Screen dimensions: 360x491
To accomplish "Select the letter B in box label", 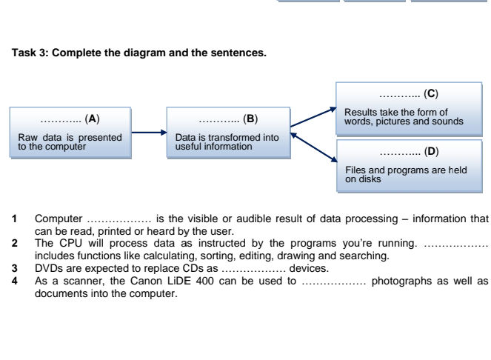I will (x=250, y=119).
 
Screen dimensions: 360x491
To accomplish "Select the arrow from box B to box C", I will (x=312, y=116).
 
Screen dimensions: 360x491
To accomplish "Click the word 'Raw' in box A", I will (x=27, y=137).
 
